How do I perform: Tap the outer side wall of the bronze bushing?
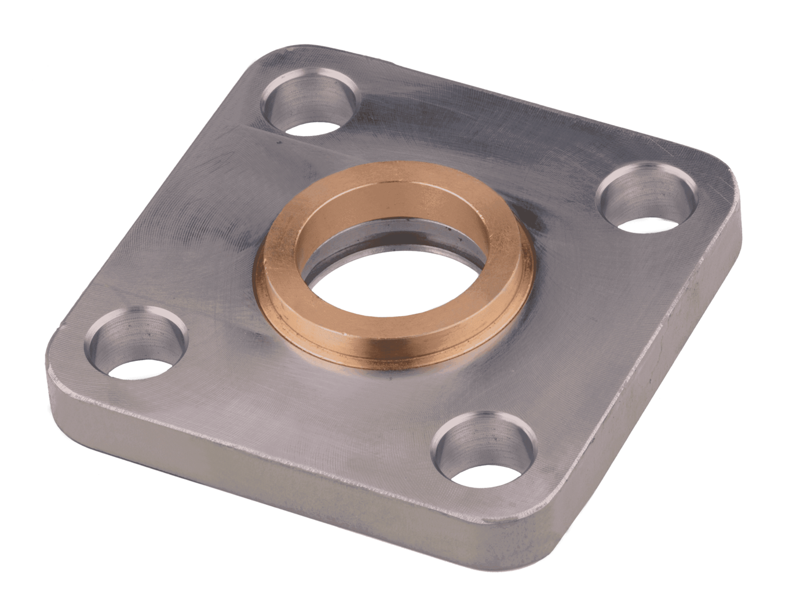tap(324, 324)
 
